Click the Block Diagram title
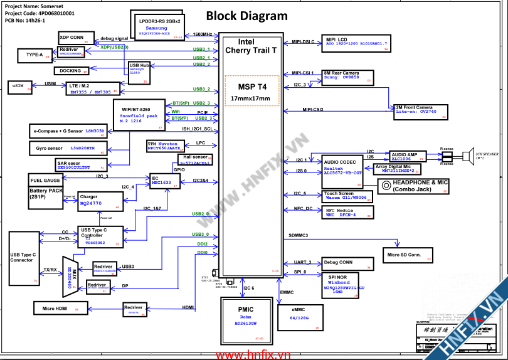[246, 16]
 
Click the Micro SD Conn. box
[408, 255]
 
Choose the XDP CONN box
[76, 37]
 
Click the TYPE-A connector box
[34, 55]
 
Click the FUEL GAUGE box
[45, 180]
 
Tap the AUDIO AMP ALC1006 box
[408, 156]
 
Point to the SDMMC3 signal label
[298, 235]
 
